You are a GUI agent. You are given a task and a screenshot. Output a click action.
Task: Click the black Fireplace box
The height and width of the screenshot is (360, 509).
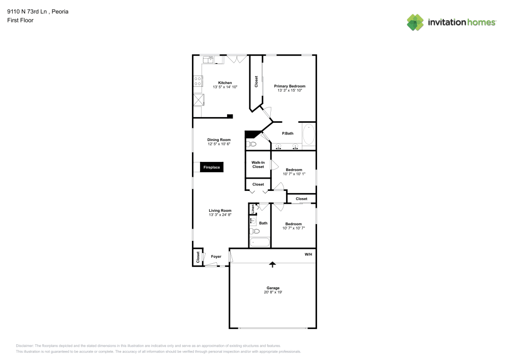pos(212,167)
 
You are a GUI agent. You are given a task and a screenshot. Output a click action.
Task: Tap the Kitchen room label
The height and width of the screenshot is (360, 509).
pos(225,83)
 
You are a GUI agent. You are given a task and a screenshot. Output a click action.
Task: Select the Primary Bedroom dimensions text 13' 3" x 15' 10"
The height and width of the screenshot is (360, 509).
pos(290,90)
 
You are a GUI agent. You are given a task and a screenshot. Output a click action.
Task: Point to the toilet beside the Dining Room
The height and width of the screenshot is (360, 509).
pos(251,144)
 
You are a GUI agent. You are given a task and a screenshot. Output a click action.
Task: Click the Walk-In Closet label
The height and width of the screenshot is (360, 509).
pos(258,164)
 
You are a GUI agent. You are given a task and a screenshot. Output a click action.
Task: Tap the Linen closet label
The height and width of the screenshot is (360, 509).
pos(252,209)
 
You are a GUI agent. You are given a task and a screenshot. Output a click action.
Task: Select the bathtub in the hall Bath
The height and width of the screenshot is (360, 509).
pos(260,242)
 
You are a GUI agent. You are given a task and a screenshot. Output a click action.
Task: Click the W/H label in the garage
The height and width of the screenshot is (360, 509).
pos(308,254)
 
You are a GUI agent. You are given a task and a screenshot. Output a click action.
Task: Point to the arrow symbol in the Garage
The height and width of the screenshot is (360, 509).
pos(272,264)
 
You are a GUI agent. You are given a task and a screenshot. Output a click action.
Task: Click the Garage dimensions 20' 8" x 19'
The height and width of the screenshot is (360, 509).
pos(273,292)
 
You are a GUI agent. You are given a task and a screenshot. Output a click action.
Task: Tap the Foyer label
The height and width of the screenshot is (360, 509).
pos(216,257)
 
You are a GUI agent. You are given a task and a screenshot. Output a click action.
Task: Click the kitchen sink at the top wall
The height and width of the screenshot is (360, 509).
pos(208,60)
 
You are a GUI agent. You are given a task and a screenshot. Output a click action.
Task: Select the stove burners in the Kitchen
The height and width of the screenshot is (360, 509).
pos(197,81)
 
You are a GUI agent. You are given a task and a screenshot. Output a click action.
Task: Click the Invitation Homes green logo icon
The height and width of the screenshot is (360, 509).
pos(415,22)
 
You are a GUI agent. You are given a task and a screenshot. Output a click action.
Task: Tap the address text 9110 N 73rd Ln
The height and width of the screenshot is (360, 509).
pos(27,12)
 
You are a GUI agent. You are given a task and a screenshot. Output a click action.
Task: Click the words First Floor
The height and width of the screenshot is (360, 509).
pos(20,20)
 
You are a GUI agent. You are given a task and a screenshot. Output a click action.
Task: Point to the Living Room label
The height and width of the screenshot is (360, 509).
pos(220,210)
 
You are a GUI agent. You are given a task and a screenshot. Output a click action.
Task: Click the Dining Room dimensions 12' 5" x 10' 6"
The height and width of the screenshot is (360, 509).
pos(219,144)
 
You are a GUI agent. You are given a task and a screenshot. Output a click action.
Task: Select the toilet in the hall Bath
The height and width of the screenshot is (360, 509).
pos(254,231)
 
